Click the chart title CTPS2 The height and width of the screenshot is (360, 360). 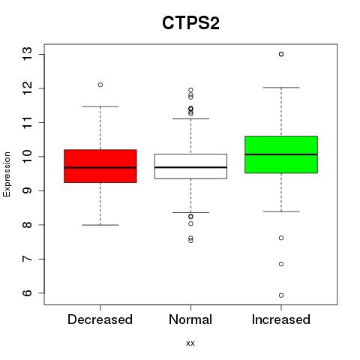coord(190,23)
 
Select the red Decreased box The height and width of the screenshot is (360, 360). coord(100,166)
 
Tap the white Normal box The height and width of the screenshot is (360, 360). coord(190,166)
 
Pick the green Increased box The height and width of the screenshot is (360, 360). coord(281,154)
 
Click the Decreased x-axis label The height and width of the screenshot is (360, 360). coord(100,319)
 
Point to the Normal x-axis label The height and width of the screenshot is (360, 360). coord(190,319)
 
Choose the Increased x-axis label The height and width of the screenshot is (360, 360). coord(281,319)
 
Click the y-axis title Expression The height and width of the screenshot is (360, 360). coord(7,174)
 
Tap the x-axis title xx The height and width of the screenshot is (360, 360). coord(190,343)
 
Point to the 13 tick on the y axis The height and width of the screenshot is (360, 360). coord(27,54)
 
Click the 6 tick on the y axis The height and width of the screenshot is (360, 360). coord(27,293)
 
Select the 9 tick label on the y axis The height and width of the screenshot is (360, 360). coord(27,190)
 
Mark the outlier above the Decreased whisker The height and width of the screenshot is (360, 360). coord(100,85)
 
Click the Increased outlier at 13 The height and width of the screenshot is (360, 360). coord(281,54)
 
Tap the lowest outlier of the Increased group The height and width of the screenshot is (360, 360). coord(281,295)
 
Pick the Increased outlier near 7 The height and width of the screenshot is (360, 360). coord(281,264)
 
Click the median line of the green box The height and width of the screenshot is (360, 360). coord(281,154)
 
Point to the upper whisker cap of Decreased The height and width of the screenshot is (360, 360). coord(100,106)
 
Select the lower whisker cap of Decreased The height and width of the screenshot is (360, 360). coord(100,225)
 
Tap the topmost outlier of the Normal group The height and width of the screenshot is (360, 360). coord(190,90)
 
